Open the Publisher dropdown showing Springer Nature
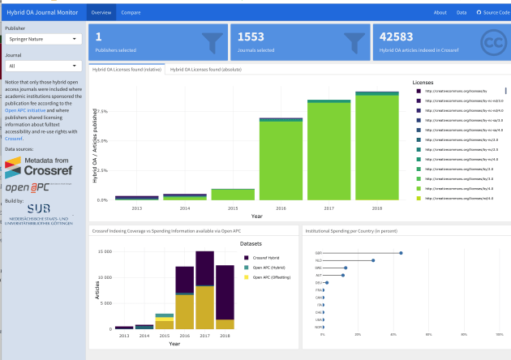[x=42, y=38]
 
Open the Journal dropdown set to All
[x=42, y=66]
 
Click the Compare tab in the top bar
[x=130, y=13]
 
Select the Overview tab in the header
[x=101, y=13]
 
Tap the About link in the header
[x=440, y=13]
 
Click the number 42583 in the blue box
[x=397, y=36]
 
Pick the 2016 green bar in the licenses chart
[x=281, y=160]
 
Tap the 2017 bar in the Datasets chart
[x=204, y=292]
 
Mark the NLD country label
[x=319, y=260]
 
